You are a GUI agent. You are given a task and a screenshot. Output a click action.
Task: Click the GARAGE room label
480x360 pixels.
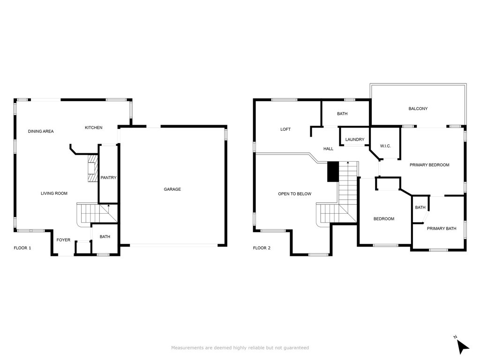(172, 189)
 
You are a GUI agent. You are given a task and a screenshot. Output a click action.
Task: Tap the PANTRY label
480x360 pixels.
(108, 178)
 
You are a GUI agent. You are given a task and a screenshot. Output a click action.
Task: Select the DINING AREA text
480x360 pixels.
(41, 131)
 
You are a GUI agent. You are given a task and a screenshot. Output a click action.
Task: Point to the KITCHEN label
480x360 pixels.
(94, 127)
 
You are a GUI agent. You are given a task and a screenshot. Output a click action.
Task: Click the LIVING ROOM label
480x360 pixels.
(54, 194)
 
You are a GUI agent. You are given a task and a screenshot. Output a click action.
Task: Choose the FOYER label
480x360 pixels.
(63, 240)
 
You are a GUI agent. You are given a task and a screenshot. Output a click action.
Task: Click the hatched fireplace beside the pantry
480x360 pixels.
(92, 168)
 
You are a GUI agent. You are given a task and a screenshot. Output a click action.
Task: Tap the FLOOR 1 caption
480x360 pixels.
(22, 248)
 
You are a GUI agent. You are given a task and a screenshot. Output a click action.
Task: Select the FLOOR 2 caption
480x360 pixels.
(262, 248)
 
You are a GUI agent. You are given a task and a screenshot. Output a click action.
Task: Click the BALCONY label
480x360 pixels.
(418, 109)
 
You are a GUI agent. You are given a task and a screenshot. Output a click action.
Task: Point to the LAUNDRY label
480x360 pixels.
(355, 140)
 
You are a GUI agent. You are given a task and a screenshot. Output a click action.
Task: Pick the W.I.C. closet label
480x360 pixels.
(385, 146)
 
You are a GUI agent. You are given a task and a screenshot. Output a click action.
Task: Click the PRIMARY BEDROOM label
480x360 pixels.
(429, 165)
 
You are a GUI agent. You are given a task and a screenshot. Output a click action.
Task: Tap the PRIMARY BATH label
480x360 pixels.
(442, 229)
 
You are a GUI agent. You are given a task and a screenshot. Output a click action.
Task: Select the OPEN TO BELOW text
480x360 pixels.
(295, 194)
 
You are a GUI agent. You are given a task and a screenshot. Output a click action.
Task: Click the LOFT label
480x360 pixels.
(285, 129)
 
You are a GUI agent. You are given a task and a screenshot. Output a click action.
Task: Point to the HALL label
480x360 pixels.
(329, 149)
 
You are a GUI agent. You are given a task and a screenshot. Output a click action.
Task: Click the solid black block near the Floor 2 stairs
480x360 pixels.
(333, 172)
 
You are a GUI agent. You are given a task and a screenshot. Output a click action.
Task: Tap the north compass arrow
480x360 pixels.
(463, 346)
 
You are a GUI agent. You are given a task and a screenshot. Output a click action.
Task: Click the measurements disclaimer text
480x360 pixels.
(240, 348)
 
